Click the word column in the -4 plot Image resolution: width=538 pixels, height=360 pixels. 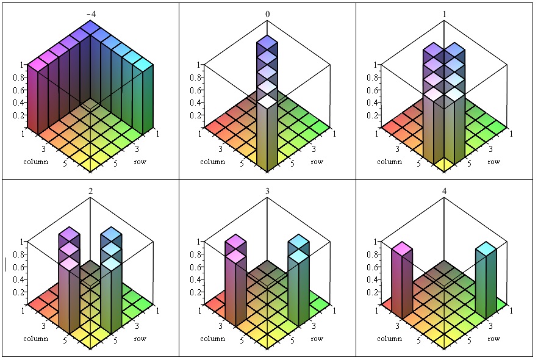click(35, 162)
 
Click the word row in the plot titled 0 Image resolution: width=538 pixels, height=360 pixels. click(317, 162)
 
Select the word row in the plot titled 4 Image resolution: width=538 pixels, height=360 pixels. click(493, 339)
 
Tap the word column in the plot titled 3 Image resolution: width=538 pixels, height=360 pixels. click(212, 339)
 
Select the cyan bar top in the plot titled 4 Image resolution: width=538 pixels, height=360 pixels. click(486, 248)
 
